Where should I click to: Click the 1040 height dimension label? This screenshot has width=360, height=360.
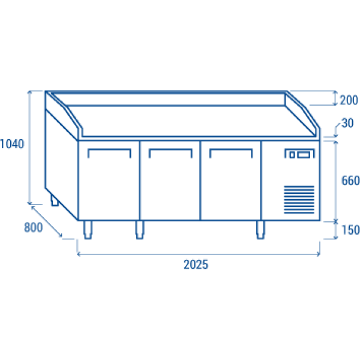tap(12, 144)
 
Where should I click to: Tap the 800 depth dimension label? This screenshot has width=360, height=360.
tap(33, 227)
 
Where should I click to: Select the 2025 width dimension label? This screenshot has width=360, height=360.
tap(196, 265)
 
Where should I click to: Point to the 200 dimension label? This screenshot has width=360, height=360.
tap(349, 100)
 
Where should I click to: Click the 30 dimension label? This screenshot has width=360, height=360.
tap(347, 123)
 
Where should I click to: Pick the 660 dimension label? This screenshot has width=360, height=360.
tap(350, 181)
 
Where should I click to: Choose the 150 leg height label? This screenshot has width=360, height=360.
tap(350, 230)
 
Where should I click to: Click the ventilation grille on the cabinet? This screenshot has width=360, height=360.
tap(299, 200)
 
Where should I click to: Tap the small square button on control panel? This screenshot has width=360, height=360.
tap(292, 155)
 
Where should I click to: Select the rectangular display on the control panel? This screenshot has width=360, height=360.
tap(304, 155)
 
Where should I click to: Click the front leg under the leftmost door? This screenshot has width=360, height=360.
tap(88, 230)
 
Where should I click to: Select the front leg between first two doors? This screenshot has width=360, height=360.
tap(140, 230)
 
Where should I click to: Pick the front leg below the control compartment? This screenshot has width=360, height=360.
tap(260, 230)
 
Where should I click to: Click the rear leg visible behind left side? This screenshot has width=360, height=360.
tap(54, 200)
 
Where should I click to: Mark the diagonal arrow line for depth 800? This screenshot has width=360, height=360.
tap(47, 221)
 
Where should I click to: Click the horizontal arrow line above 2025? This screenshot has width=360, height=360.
tap(199, 254)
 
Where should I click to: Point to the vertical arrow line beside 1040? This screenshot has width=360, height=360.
tap(29, 148)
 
